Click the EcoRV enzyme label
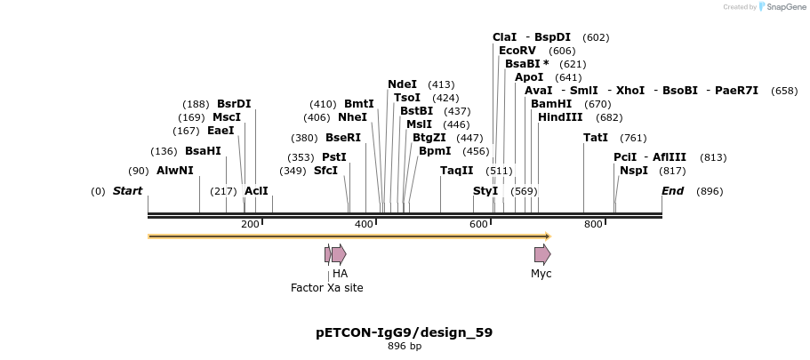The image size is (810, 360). pos(517,51)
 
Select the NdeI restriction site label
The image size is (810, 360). pos(402,84)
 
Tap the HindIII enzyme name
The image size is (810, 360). pos(560,117)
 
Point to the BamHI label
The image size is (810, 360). pos(551,104)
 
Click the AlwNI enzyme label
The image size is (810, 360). pos(174,171)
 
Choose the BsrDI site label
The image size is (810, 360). pos(234,104)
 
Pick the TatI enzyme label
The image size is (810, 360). pos(596,138)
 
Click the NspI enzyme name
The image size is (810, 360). pos(634,171)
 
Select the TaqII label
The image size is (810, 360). pos(457,171)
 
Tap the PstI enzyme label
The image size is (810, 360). pos(334,157)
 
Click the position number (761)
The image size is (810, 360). pos(633,138)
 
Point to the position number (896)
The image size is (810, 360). pos(710,191)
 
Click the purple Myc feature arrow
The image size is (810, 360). pos(542,255)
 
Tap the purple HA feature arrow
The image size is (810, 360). pos(339,255)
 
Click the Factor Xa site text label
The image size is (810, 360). pos(326,288)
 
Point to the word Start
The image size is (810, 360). pos(127,191)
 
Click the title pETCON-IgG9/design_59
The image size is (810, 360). pos(404,332)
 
